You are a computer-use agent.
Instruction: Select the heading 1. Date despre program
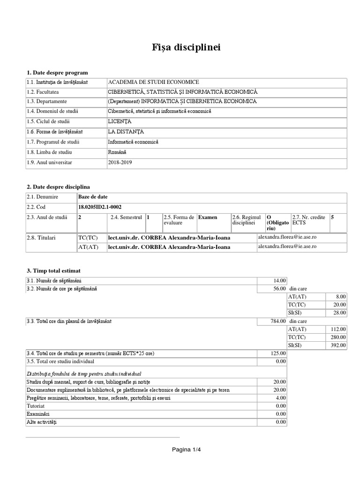click(57, 73)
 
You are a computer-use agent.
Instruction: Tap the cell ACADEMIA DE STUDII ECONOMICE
click(153, 82)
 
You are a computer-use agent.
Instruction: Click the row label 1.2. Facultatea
click(45, 92)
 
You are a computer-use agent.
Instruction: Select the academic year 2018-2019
click(120, 162)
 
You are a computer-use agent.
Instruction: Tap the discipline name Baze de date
click(94, 197)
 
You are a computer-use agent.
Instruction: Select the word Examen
click(208, 217)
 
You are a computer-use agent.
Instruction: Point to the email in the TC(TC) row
click(287, 237)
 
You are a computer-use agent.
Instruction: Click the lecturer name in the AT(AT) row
click(169, 247)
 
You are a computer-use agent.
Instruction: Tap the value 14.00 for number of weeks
click(279, 280)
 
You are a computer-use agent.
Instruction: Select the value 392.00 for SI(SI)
click(338, 345)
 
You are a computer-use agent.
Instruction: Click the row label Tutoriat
click(36, 405)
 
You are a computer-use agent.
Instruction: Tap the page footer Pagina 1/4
click(186, 450)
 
